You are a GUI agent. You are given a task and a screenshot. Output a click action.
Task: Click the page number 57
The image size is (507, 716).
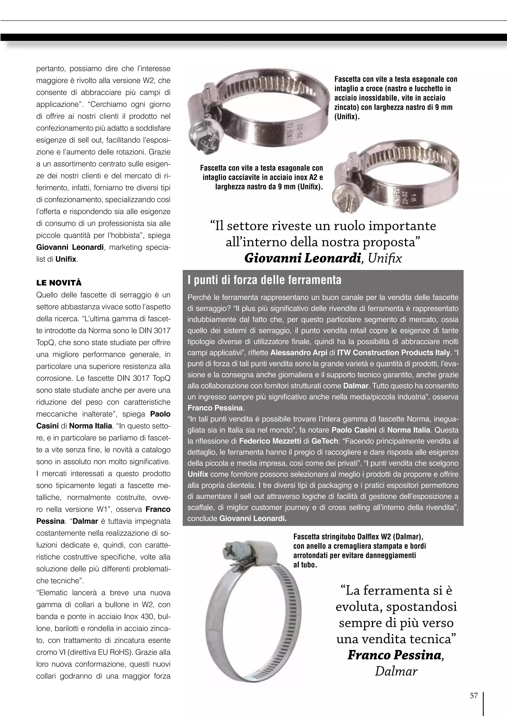pos(474,695)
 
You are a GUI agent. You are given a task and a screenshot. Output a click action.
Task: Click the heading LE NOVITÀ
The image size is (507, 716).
pos(59,283)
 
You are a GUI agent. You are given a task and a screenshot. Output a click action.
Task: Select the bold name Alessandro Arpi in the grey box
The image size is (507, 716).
pos(299,353)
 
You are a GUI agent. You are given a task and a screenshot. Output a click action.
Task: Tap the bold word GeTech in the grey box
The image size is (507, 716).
pos(325,441)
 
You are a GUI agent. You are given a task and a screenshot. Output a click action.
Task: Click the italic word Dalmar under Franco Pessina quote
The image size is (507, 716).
pos(396,671)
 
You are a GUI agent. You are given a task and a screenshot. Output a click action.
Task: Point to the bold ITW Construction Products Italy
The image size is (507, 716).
pos(394,353)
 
